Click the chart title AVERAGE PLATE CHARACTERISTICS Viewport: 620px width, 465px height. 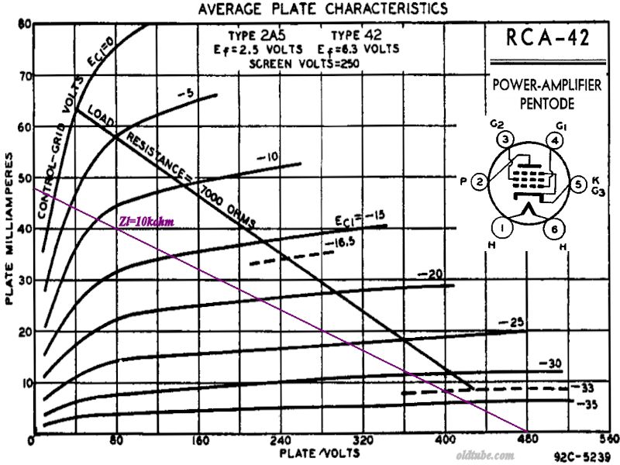(x=322, y=9)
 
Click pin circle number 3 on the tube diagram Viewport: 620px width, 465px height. (x=505, y=140)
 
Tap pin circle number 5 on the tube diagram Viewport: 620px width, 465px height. (x=577, y=184)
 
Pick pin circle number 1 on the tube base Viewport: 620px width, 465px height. (x=504, y=229)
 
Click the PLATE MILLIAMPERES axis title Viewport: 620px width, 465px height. (x=9, y=229)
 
